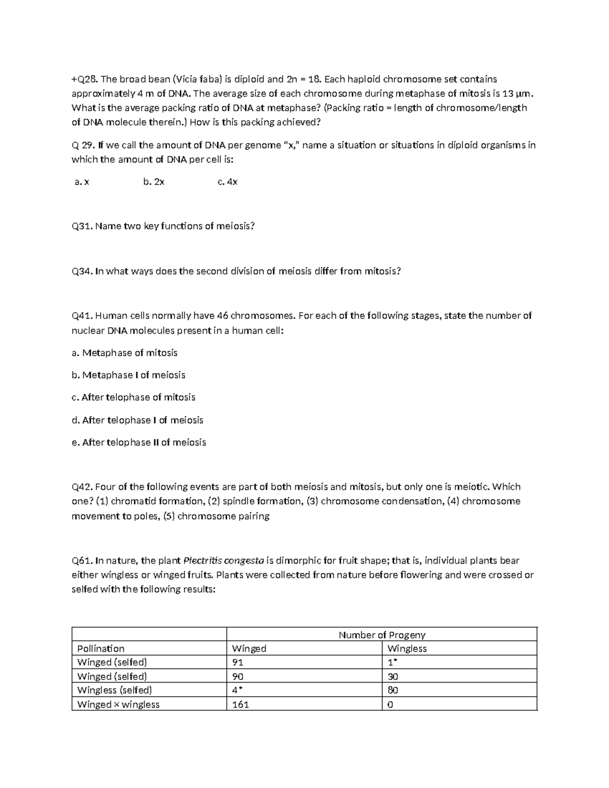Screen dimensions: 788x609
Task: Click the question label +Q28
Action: [x=84, y=79]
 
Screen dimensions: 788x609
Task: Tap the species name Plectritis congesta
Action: [x=223, y=561]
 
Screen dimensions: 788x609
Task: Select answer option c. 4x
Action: [x=227, y=182]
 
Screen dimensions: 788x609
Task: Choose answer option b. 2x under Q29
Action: [x=154, y=182]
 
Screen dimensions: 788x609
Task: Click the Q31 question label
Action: [x=82, y=226]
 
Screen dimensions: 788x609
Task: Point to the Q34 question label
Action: [x=82, y=271]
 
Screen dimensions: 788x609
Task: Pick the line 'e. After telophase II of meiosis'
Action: [x=139, y=442]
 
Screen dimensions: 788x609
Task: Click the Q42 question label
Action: [x=82, y=487]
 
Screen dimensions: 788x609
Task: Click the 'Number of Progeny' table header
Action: [x=382, y=635]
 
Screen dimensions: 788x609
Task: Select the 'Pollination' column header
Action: [x=100, y=648]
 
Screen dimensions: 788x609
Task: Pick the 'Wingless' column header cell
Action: [x=407, y=648]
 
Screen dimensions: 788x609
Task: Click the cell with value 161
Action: [x=240, y=704]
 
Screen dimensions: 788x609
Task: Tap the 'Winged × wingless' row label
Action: [x=118, y=704]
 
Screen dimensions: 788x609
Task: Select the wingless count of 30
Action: [x=392, y=676]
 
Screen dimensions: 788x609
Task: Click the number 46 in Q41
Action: [x=222, y=316]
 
